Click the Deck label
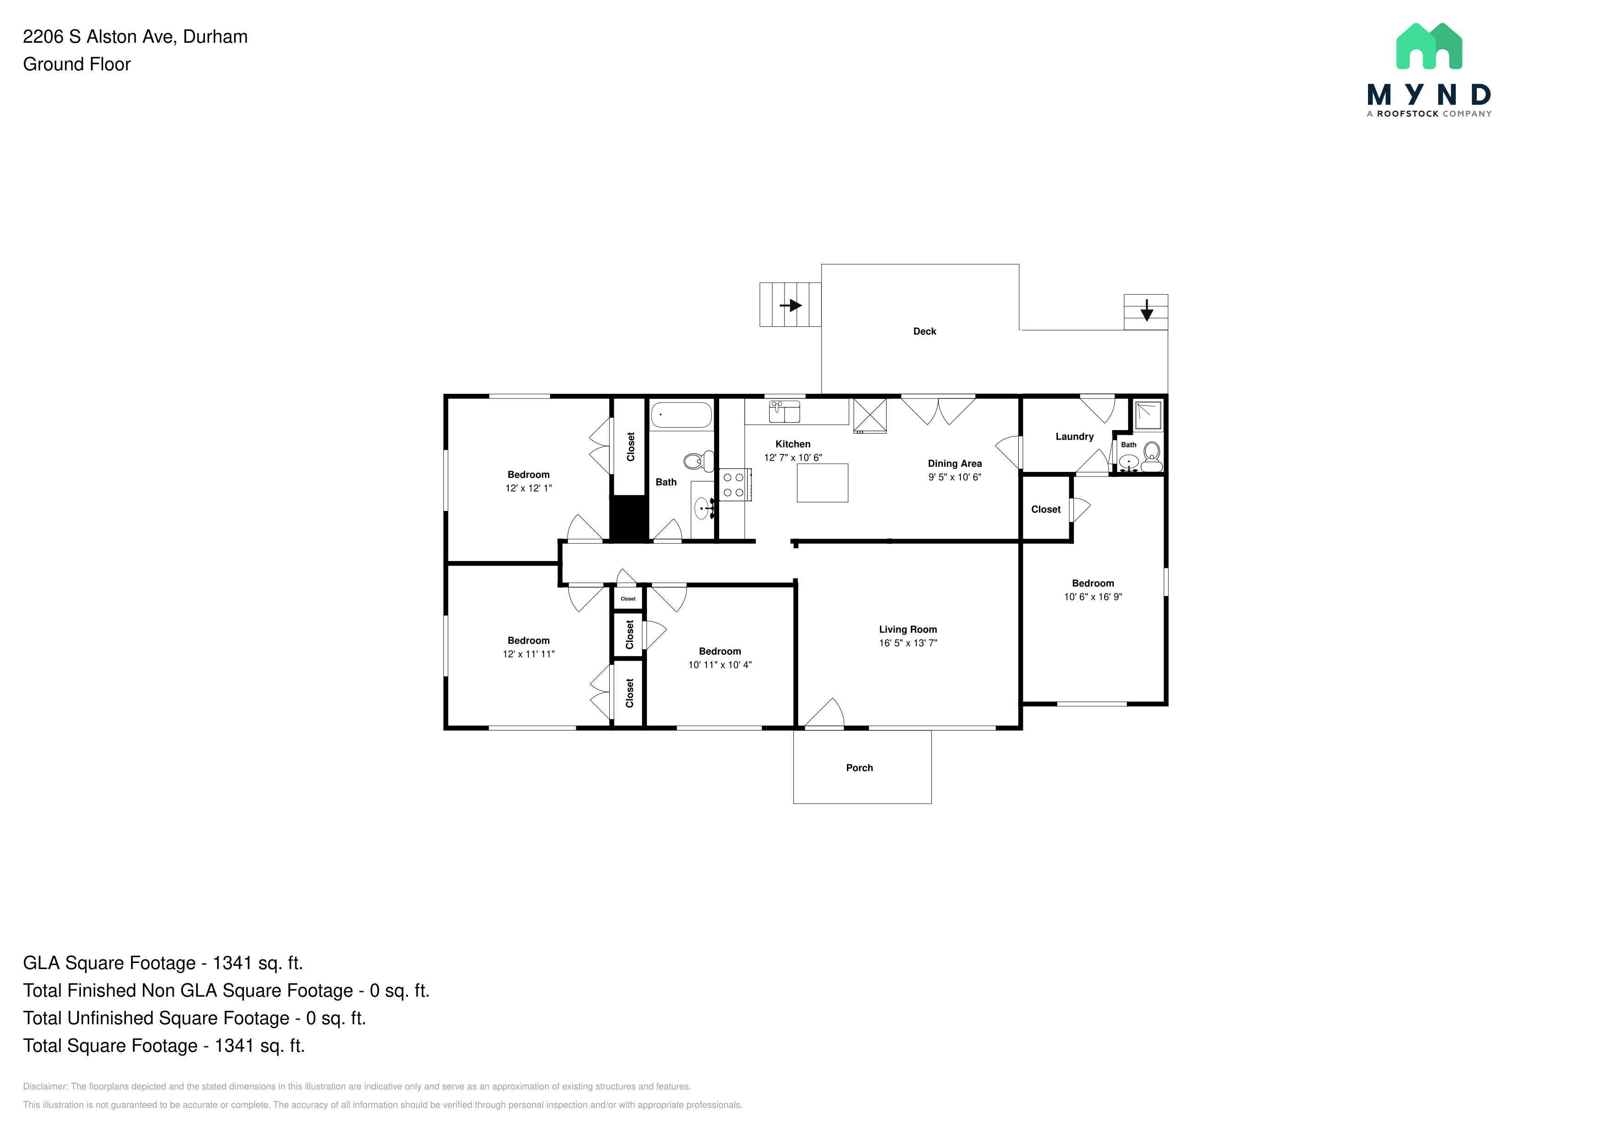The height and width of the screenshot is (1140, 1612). coord(924,331)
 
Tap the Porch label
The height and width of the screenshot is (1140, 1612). coord(859,768)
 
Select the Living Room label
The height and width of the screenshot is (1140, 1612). coord(908,630)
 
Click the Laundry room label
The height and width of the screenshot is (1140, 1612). coord(1074,437)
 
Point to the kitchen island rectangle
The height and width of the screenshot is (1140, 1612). coord(822,483)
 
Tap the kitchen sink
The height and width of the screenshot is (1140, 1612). coord(784,411)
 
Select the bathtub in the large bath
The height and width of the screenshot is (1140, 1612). coord(681,415)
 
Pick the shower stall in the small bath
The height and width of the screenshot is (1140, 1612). coord(1147,415)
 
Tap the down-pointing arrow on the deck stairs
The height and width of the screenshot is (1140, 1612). coord(1147,310)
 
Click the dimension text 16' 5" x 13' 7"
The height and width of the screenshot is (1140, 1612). coord(908,643)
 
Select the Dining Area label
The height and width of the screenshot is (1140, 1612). coord(955,463)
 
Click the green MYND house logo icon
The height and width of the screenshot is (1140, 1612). coord(1429,46)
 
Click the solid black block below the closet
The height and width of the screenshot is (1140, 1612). coord(628,518)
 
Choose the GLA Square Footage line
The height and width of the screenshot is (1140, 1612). coord(163,963)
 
